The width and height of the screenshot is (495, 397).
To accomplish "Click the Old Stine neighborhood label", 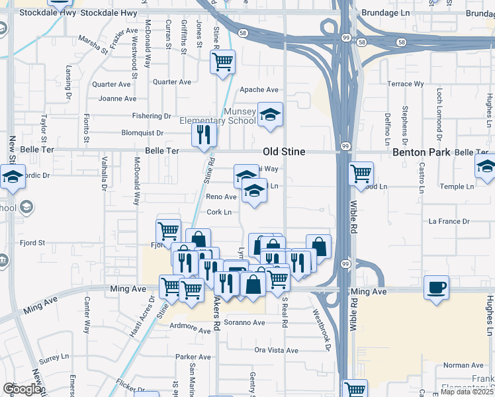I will click(x=284, y=152).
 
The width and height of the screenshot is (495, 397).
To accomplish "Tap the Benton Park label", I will click(x=422, y=152).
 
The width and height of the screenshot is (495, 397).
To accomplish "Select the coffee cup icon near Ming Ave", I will click(x=436, y=288).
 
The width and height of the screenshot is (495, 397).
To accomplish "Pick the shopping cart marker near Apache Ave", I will click(x=223, y=62).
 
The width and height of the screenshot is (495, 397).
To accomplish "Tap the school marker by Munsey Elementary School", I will click(x=270, y=114).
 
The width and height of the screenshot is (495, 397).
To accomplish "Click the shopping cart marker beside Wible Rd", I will click(x=361, y=173).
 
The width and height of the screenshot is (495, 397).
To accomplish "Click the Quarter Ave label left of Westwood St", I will click(x=112, y=84).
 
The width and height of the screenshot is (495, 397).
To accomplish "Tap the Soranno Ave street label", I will click(x=244, y=323).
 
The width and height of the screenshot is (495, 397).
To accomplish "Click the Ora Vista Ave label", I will click(x=277, y=350).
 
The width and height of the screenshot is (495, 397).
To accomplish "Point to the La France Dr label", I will click(x=449, y=221).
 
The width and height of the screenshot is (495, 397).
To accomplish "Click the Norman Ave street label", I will click(x=463, y=365).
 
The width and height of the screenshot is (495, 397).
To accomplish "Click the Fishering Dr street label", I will click(x=152, y=115).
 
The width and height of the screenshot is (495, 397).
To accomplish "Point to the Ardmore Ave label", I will click(x=189, y=326).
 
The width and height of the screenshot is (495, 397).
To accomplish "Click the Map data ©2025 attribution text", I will click(x=466, y=392).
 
